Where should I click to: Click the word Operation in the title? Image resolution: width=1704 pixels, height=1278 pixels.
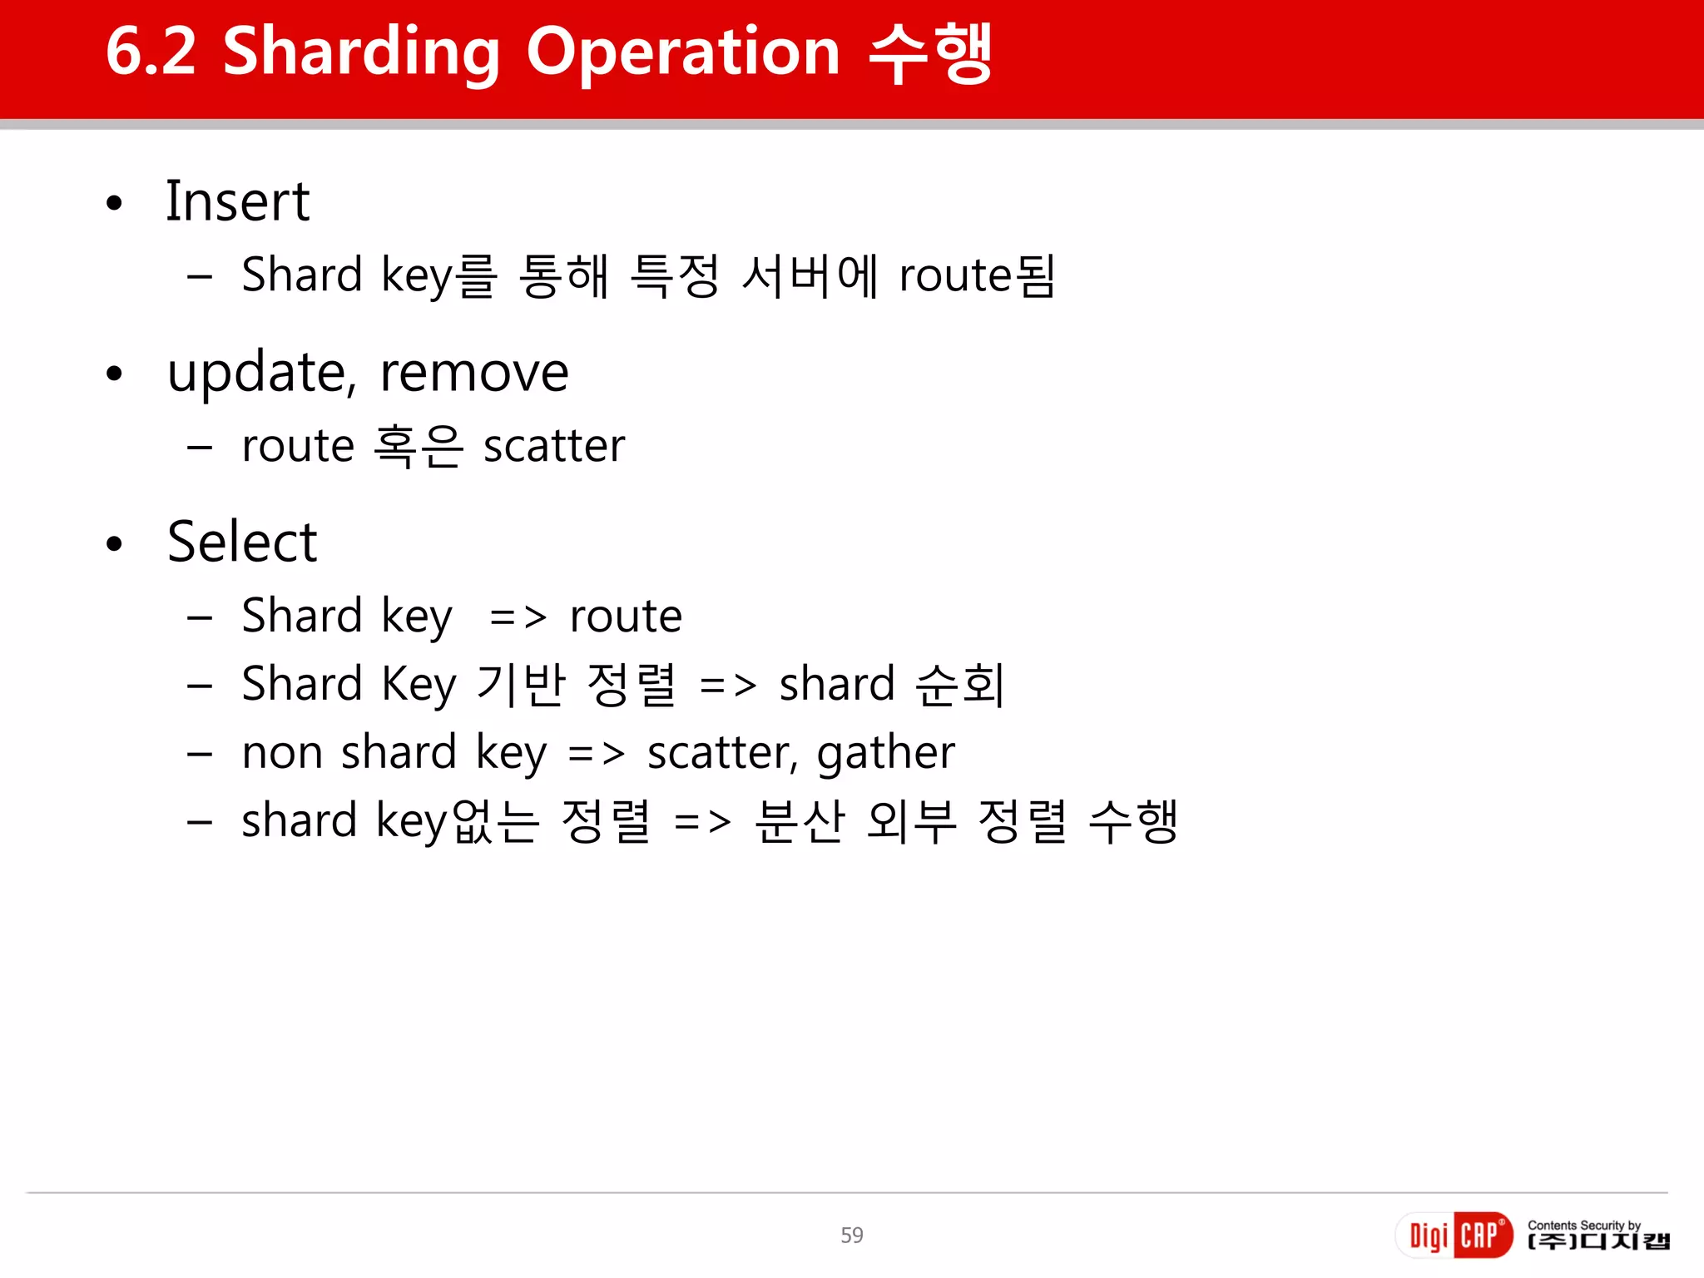pos(682,52)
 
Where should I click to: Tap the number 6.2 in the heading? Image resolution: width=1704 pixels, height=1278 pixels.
pos(151,52)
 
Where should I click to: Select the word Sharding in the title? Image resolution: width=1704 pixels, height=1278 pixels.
pos(361,53)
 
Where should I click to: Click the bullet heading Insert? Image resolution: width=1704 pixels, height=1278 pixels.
pos(238,201)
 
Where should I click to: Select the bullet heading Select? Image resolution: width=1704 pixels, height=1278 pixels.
pos(242,542)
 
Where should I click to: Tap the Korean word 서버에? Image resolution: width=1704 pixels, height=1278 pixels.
pos(810,276)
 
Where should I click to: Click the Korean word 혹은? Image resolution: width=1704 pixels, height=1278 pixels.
pos(418,446)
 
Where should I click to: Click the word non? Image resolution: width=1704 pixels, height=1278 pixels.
pos(282,754)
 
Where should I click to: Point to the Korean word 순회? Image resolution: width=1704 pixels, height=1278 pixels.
pos(959,686)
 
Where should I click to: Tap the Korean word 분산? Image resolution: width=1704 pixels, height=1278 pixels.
pos(800,822)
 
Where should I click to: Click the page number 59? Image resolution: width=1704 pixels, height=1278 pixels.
pos(851,1235)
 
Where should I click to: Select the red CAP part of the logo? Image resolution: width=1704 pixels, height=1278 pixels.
pos(1482,1235)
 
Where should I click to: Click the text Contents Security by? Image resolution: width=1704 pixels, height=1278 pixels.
pos(1583,1225)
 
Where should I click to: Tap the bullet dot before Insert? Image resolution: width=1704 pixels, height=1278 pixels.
pos(115,203)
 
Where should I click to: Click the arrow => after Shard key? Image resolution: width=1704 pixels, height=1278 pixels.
pos(518,617)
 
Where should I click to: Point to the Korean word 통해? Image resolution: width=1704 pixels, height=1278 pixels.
pos(563,276)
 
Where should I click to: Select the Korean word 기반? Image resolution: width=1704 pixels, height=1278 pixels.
pos(521,686)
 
